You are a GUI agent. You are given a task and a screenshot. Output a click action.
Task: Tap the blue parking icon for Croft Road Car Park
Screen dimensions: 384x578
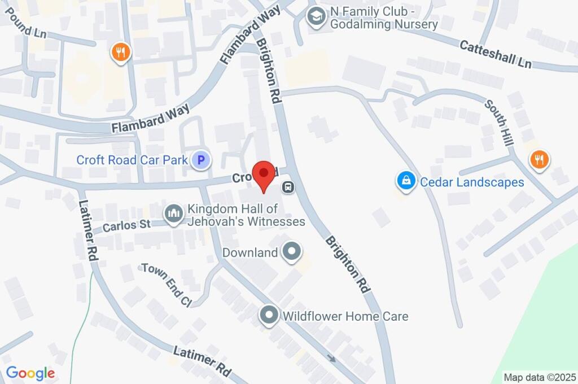[200, 161]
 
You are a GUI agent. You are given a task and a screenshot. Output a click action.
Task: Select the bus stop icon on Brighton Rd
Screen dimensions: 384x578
[288, 187]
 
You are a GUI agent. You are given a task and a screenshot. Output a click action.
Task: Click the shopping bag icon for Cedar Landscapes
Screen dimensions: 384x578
[405, 181]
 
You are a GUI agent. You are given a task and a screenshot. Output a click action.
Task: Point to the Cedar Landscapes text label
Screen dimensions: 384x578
[472, 182]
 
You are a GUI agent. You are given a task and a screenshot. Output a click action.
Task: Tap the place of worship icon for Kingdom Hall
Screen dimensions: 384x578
[172, 213]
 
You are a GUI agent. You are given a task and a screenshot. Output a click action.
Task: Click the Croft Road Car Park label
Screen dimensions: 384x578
[132, 160]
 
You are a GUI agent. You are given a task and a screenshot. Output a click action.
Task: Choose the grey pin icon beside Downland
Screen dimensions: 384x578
[292, 252]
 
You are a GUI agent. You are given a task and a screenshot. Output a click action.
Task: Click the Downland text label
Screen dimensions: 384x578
[250, 252]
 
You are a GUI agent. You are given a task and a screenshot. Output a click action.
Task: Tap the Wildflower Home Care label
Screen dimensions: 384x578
[345, 316]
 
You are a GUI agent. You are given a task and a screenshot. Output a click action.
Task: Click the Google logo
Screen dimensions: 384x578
[30, 373]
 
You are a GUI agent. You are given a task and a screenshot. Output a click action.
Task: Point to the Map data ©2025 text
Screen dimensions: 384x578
[540, 377]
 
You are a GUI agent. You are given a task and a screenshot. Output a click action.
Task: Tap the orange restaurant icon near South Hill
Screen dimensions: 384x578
[539, 159]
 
